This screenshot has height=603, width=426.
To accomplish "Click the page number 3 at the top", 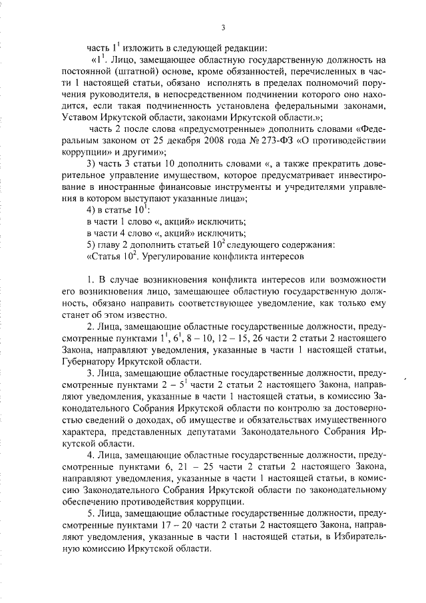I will [x=224, y=27].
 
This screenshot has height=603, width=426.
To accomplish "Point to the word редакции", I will [x=246, y=48].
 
